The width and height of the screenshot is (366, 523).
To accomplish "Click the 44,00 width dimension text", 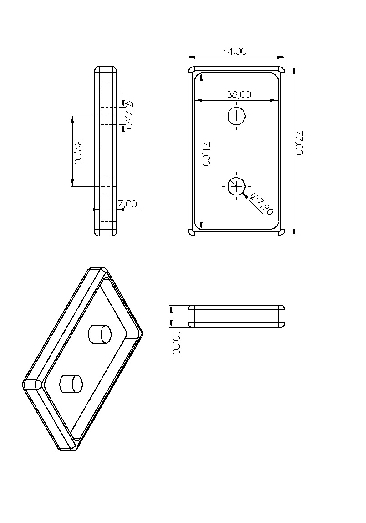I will pyautogui.click(x=234, y=51).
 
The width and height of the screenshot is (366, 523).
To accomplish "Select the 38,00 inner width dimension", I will pyautogui.click(x=239, y=95).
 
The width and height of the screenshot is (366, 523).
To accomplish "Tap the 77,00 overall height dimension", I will pyautogui.click(x=299, y=143).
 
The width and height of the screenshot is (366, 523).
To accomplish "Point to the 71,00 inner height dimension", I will pyautogui.click(x=206, y=154).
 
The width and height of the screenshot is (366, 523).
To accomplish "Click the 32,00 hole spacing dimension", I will pyautogui.click(x=78, y=152).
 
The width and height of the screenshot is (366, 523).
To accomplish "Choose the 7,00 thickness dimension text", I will pyautogui.click(x=127, y=204).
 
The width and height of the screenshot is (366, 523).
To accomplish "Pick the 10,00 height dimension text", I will pyautogui.click(x=177, y=343).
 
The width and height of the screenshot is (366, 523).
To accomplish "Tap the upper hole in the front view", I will pyautogui.click(x=237, y=117).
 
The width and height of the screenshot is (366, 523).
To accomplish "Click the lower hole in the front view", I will pyautogui.click(x=237, y=186).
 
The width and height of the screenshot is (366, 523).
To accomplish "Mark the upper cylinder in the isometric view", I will pyautogui.click(x=100, y=333).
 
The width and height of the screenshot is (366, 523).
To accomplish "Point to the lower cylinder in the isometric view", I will pyautogui.click(x=71, y=384).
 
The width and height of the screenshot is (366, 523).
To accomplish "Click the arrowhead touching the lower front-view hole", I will pyautogui.click(x=246, y=195).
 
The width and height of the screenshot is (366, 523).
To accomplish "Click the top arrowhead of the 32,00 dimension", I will pyautogui.click(x=72, y=119).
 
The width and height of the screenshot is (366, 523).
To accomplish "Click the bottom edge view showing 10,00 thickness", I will pyautogui.click(x=236, y=316).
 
